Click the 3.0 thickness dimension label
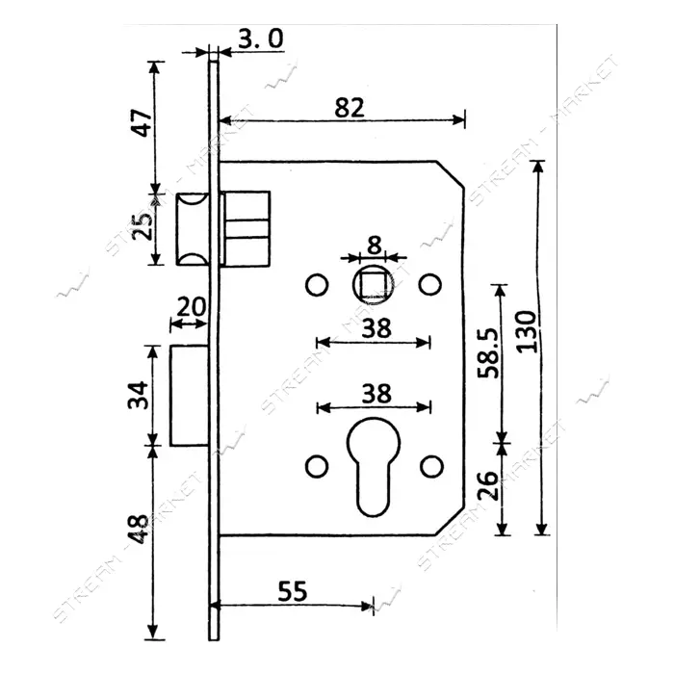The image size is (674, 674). tap(261, 39)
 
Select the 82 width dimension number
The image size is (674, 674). tap(349, 108)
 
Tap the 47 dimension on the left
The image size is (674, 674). tap(143, 122)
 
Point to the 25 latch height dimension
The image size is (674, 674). tap(143, 225)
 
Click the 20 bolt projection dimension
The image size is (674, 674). tap(192, 307)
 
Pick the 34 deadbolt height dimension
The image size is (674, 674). tap(139, 395)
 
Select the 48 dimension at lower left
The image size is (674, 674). tap(140, 529)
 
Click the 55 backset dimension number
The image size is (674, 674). tap(293, 591)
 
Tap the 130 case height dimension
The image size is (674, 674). tap(527, 331)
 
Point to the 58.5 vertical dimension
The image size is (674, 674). tap(489, 353)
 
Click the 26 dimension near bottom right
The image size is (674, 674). tap(488, 485)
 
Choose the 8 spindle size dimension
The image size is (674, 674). tap(375, 246)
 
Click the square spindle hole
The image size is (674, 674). tap(374, 285)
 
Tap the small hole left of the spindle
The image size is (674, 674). tap(317, 285)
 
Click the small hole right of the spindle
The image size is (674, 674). tap(430, 285)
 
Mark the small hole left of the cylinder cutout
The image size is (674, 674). tap(317, 466)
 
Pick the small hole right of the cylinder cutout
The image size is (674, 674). tap(431, 466)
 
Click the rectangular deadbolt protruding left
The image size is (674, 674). tap(189, 396)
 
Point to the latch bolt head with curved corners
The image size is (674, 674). tap(193, 229)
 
